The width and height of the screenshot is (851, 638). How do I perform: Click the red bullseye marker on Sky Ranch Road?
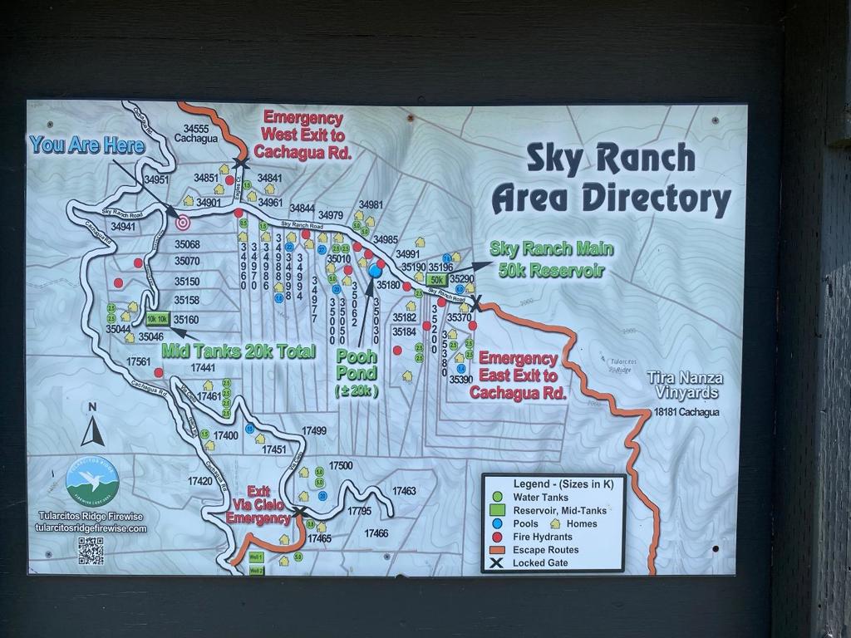tap(183, 222)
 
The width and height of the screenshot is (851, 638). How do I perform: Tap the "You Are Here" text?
tap(87, 145)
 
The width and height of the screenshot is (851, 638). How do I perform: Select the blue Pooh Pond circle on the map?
tap(375, 271)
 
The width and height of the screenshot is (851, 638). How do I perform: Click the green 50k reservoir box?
tap(437, 281)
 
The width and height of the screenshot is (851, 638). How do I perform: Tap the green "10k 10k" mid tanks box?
tap(157, 318)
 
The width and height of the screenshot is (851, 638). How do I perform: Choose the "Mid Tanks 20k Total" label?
tap(239, 351)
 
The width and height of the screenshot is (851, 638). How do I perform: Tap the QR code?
tap(91, 550)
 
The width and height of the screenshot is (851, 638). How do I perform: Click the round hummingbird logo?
tap(92, 482)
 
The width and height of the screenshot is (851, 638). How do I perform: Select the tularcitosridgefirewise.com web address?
tap(91, 528)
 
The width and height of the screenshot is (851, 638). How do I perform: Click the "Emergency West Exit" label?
tap(303, 135)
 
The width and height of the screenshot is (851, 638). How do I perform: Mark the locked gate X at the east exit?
tap(475, 304)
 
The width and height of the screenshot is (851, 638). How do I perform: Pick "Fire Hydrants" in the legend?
tap(542, 537)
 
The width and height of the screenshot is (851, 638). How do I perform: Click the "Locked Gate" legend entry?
tap(539, 563)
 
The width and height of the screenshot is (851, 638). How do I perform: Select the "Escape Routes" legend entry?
tap(545, 550)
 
